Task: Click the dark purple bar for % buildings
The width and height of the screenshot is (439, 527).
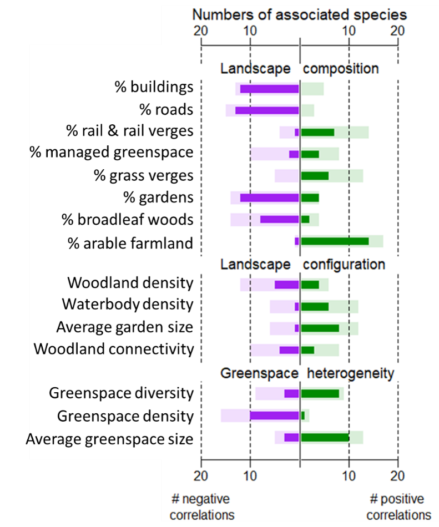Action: [269, 88]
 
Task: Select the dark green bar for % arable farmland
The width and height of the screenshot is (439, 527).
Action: [335, 241]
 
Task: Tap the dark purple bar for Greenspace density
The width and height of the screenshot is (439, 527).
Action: [274, 415]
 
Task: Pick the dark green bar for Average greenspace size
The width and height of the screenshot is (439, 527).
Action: [325, 438]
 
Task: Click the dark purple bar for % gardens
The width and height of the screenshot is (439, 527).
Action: [269, 197]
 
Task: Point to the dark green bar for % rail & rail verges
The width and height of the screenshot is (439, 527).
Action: [317, 132]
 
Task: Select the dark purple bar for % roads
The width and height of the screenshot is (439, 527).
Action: [267, 110]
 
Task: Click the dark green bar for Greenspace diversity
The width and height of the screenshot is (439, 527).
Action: [320, 393]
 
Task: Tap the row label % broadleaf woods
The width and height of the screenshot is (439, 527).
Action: [128, 220]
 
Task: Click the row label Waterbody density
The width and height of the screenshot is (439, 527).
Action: [128, 305]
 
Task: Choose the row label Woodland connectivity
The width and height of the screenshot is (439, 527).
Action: [114, 349]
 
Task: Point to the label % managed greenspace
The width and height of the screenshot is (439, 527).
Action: [112, 152]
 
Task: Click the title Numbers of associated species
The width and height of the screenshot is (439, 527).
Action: [299, 14]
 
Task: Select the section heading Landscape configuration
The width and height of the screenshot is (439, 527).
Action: [302, 264]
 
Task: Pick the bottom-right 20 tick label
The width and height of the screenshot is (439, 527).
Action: [397, 476]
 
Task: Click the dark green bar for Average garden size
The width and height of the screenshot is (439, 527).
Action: [320, 328]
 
